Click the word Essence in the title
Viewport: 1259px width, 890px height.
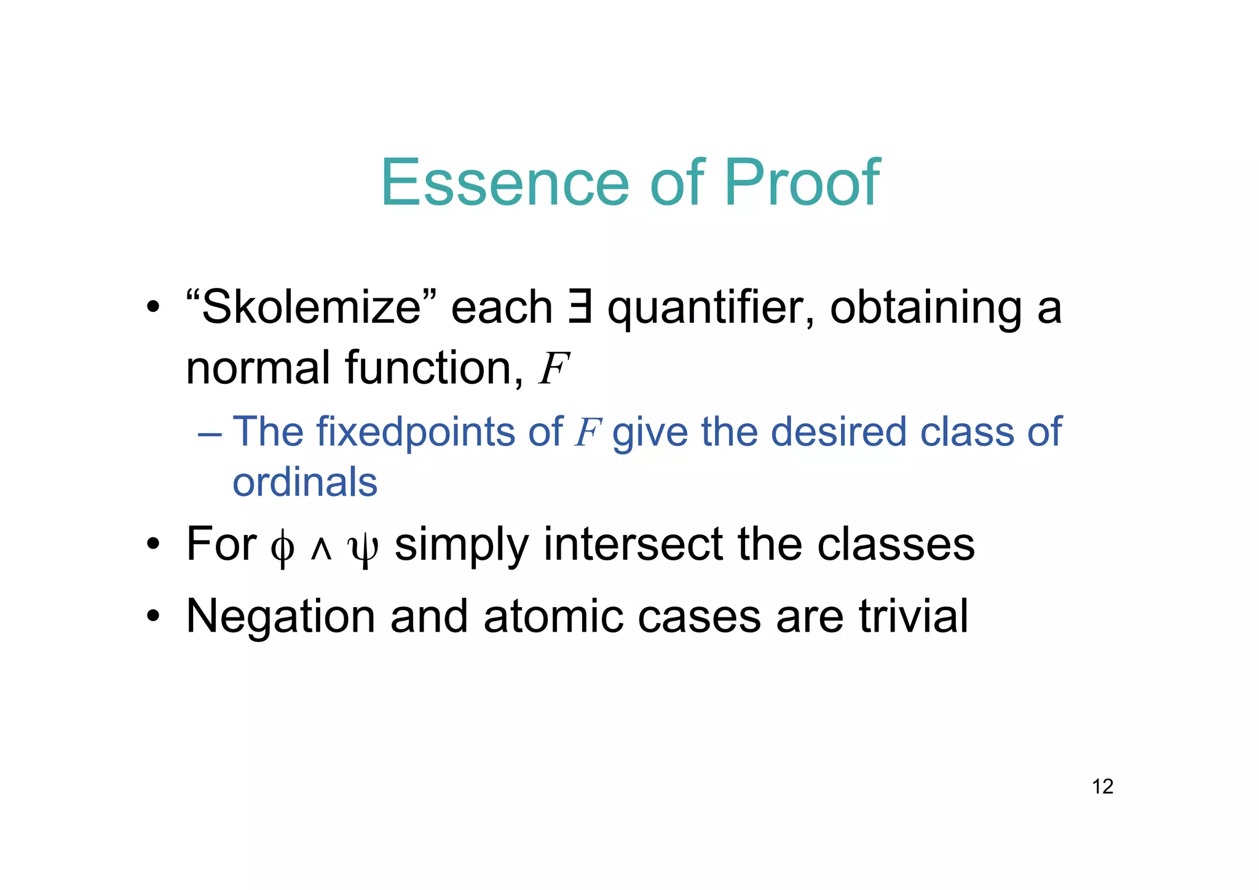[x=504, y=183]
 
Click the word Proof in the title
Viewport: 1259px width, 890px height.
[x=802, y=183]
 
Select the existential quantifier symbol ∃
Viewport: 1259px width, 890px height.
[x=580, y=307]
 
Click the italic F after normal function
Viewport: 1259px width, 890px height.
[x=553, y=369]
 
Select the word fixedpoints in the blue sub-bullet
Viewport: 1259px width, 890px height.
[x=415, y=432]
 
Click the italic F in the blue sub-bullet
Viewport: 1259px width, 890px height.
[x=587, y=432]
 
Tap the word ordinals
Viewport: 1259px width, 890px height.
[x=305, y=482]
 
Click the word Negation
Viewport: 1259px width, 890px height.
[x=280, y=617]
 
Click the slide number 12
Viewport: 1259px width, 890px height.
[x=1102, y=787]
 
